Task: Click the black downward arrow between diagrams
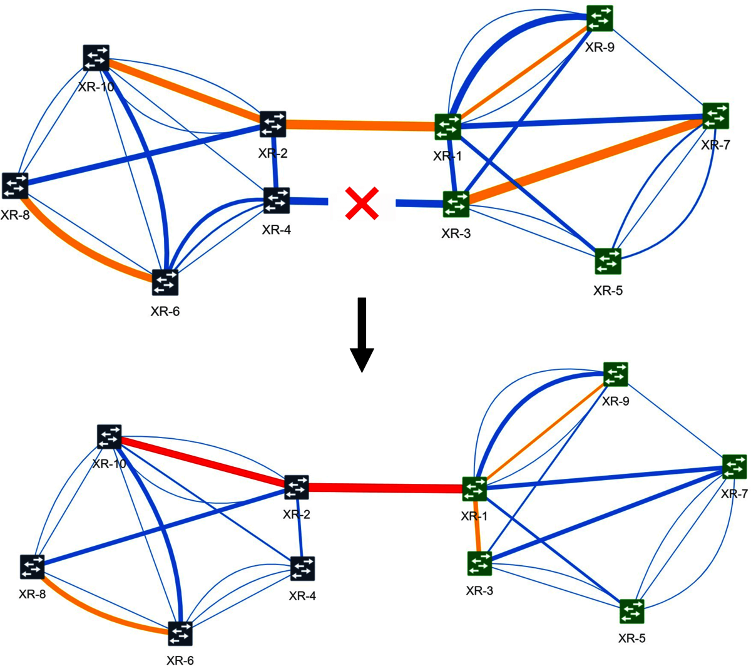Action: [361, 336]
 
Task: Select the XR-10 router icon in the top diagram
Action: [96, 58]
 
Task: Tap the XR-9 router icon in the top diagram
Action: [600, 18]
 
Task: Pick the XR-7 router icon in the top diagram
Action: [715, 116]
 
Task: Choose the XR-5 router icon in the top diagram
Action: [608, 261]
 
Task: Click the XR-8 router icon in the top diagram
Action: [15, 186]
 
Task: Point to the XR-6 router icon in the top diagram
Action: [165, 283]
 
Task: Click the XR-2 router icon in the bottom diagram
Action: [296, 487]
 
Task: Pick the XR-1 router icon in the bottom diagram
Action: [474, 489]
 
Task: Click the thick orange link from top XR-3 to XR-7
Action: [585, 159]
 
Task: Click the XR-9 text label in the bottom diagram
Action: [615, 401]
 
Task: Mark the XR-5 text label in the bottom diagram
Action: [631, 638]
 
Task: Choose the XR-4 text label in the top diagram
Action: [276, 230]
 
